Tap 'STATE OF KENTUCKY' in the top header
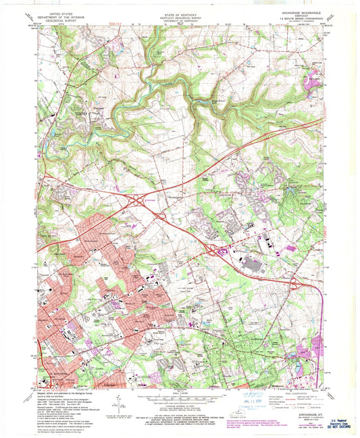click(x=179, y=11)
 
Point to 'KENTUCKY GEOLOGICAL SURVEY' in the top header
click(x=179, y=15)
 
